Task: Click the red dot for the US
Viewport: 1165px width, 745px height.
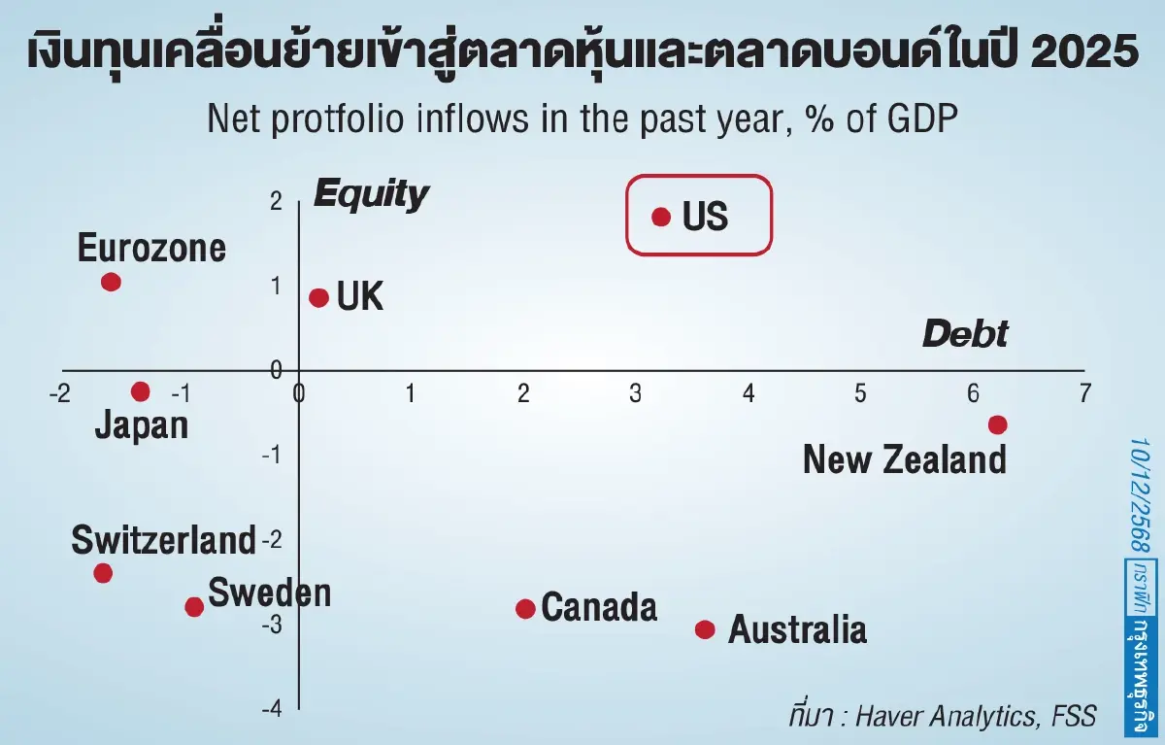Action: [661, 217]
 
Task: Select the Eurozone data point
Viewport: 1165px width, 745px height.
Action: [111, 283]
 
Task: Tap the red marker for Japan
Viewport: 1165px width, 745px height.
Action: [141, 391]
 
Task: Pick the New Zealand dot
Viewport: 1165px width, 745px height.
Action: [997, 424]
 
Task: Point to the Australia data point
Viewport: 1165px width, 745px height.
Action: [705, 629]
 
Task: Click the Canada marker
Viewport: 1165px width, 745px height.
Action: [525, 609]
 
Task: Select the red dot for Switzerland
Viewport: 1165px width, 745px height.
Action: [103, 573]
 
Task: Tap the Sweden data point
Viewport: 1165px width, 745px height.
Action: [194, 607]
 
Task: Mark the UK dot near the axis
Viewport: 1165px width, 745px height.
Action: [318, 297]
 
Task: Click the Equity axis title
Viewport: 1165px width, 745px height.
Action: [370, 195]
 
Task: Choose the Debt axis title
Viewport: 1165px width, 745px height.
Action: [965, 334]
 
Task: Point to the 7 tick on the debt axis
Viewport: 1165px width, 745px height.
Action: [1084, 393]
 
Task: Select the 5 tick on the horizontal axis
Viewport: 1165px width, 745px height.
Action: [860, 393]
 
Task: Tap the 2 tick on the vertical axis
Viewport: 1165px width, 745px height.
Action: [277, 201]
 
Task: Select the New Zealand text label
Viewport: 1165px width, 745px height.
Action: [905, 458]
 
